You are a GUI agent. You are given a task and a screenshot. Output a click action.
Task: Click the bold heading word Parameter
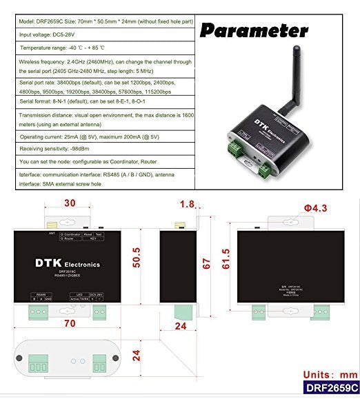coord(254,30)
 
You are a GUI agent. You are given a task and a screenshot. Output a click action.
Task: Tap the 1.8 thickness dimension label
coord(186,204)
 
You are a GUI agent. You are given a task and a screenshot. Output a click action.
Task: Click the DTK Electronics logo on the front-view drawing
coord(68,264)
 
